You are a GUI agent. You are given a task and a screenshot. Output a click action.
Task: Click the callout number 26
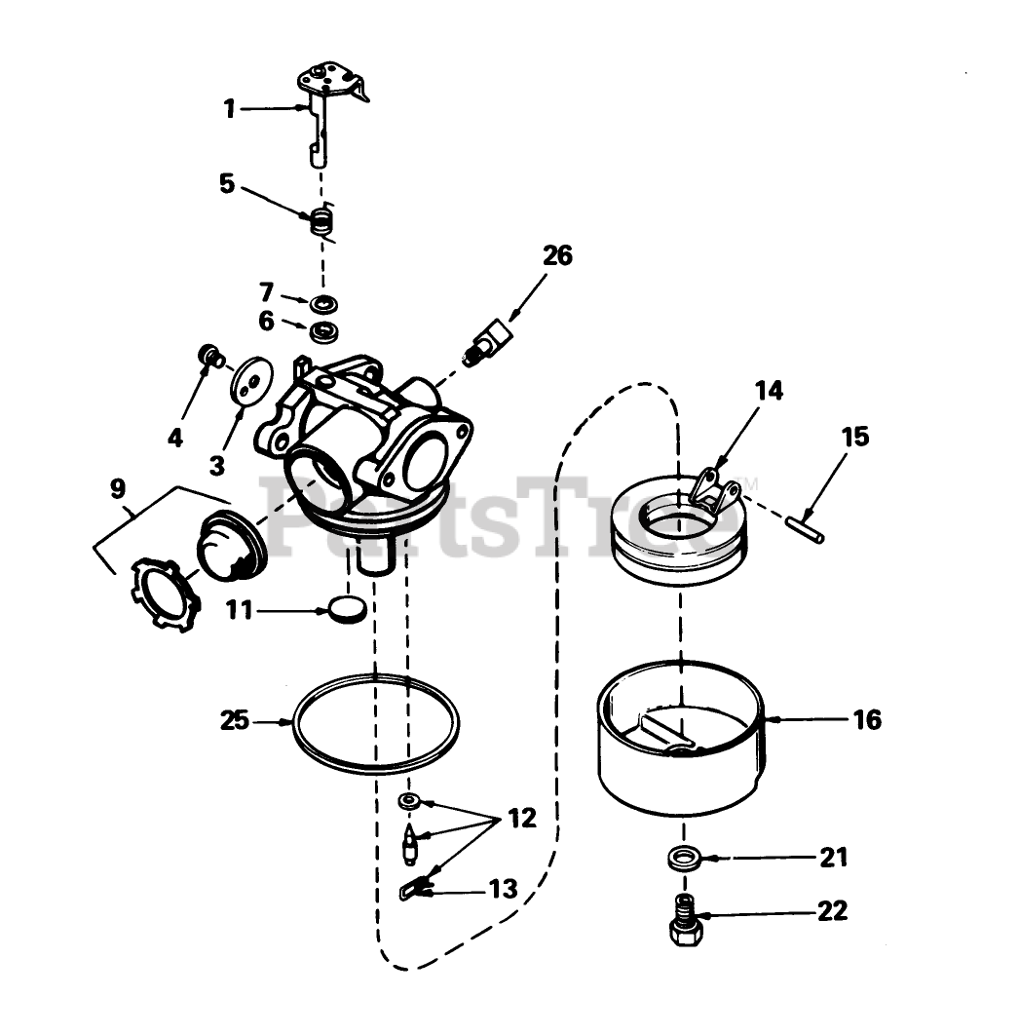click(x=557, y=257)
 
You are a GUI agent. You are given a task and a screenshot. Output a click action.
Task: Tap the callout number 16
click(x=866, y=720)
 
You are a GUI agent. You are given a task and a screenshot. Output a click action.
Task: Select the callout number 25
click(x=235, y=721)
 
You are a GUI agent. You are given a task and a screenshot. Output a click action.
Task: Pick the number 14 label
click(x=768, y=392)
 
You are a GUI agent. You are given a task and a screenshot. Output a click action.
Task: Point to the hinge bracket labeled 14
click(x=716, y=488)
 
